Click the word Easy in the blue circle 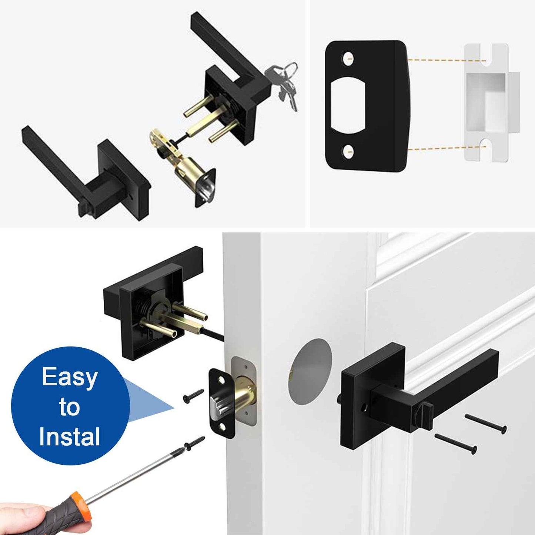70,378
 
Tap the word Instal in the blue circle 69,437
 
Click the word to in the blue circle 69,407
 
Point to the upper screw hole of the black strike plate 348,58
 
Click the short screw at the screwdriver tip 195,443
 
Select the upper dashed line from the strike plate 447,60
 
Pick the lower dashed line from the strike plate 447,148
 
